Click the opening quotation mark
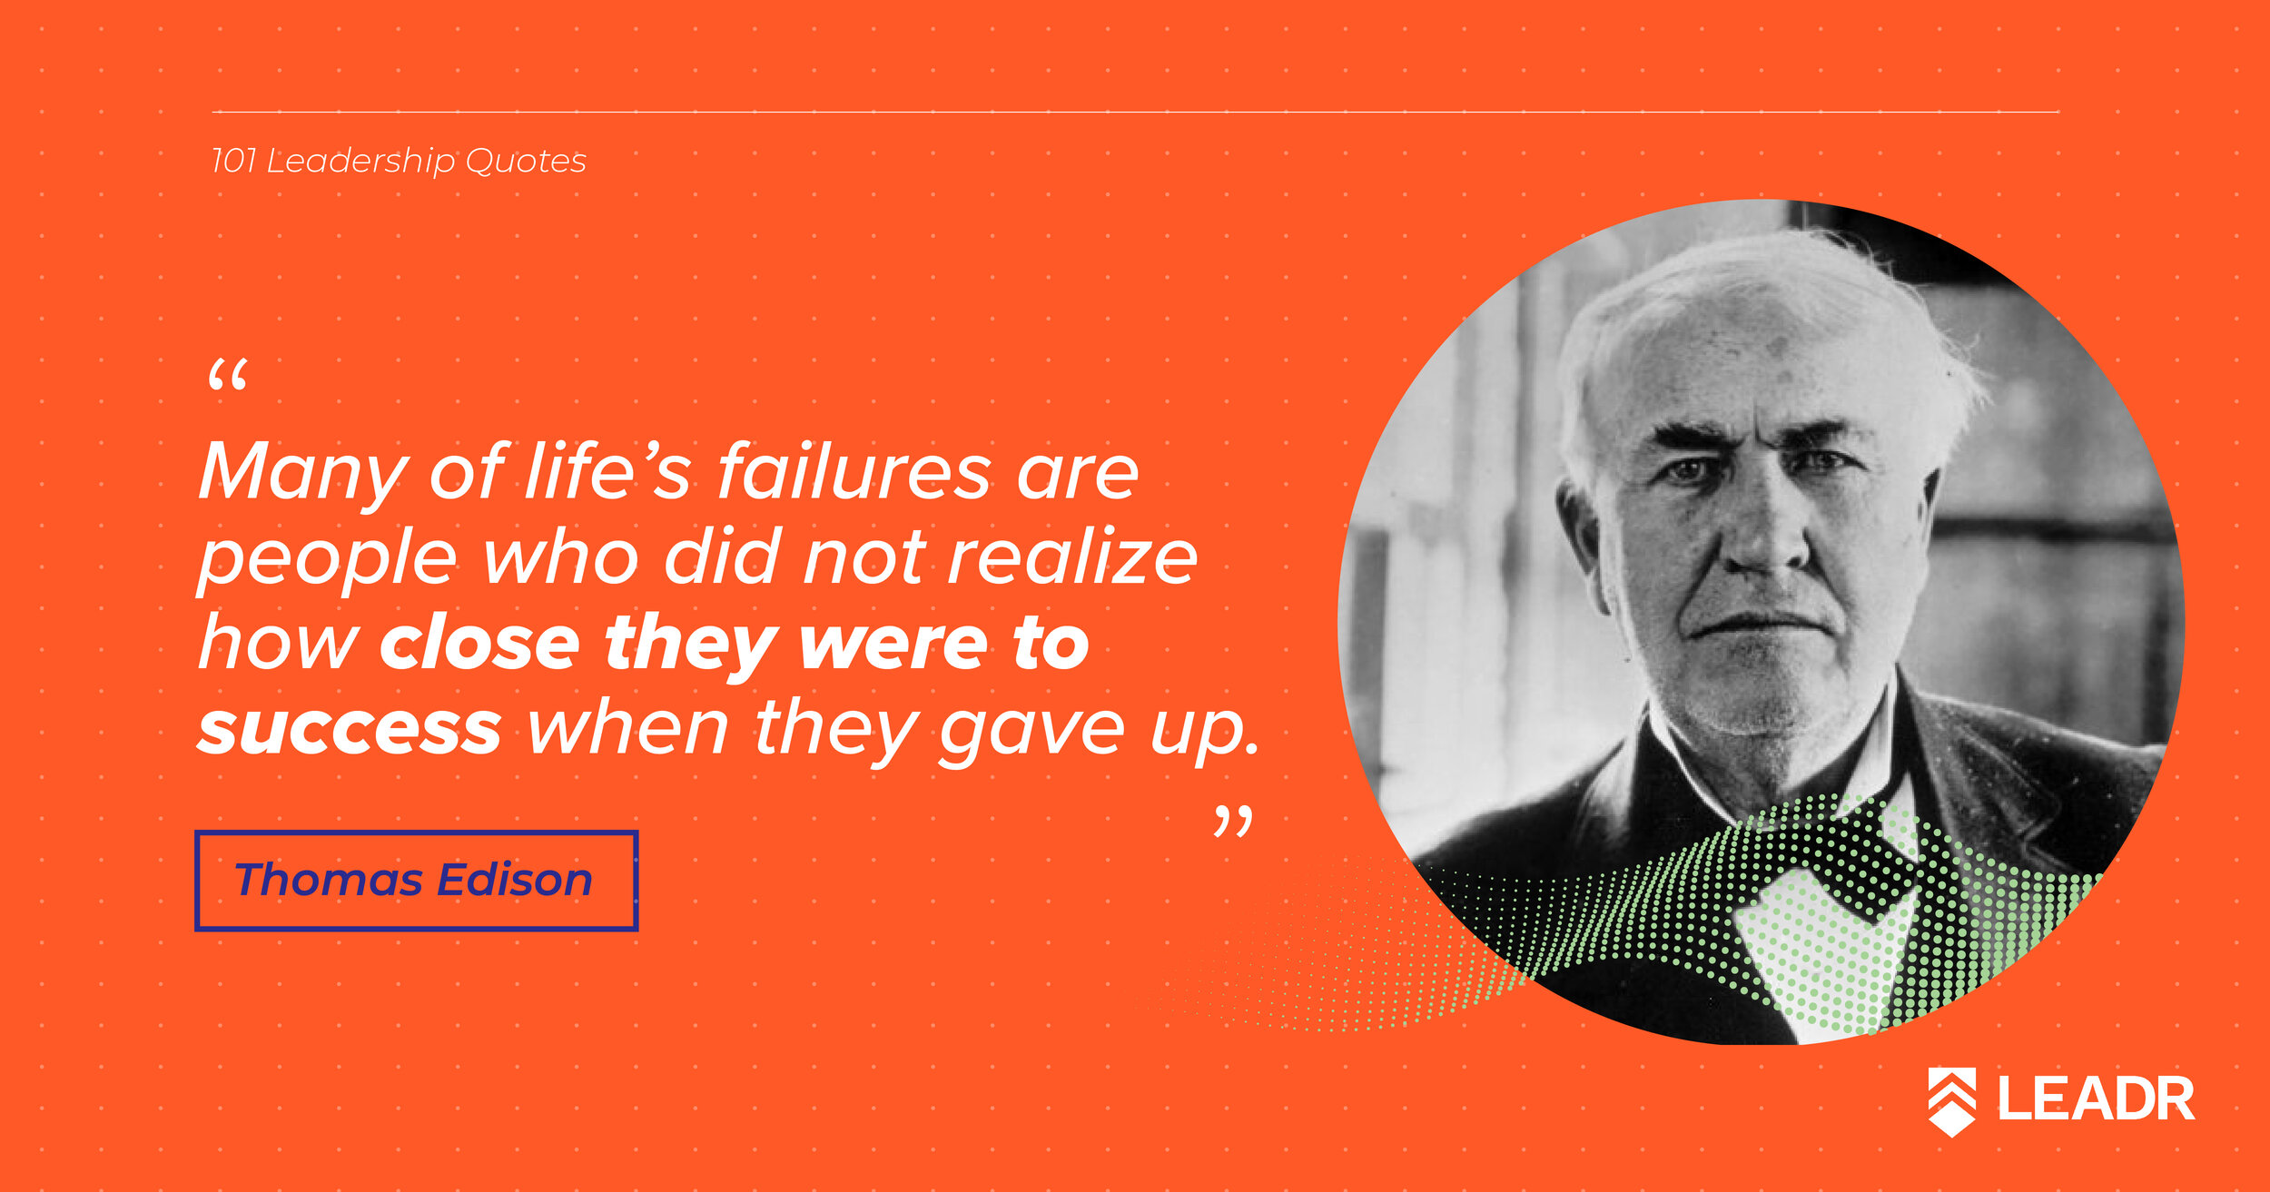tap(227, 375)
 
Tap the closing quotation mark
tap(1233, 822)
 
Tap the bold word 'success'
tap(350, 729)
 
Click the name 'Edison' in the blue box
tap(515, 879)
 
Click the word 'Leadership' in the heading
tap(360, 162)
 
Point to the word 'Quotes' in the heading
tap(526, 161)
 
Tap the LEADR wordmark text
tap(2096, 1098)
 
